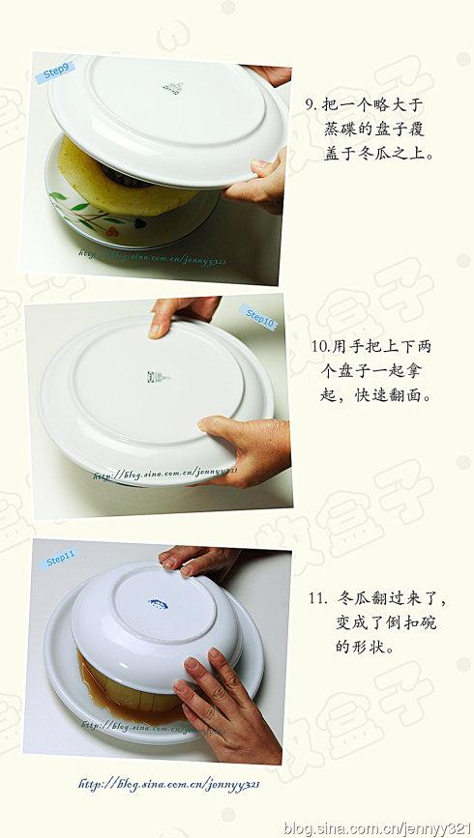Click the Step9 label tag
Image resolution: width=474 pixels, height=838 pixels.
click(x=55, y=72)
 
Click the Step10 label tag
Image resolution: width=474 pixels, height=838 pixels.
click(x=258, y=317)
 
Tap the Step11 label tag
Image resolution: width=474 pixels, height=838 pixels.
click(x=60, y=558)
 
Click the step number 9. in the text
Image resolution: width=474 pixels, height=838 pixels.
click(x=311, y=104)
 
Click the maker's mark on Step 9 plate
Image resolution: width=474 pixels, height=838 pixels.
click(x=172, y=88)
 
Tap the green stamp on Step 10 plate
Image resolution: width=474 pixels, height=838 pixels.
click(x=153, y=376)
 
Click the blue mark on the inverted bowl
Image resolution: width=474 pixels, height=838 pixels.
click(x=158, y=604)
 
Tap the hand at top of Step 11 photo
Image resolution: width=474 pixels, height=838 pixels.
click(x=198, y=558)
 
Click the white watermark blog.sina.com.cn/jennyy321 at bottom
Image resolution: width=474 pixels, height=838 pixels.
click(x=376, y=827)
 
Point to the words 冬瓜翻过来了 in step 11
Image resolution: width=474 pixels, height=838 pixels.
click(x=387, y=598)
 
